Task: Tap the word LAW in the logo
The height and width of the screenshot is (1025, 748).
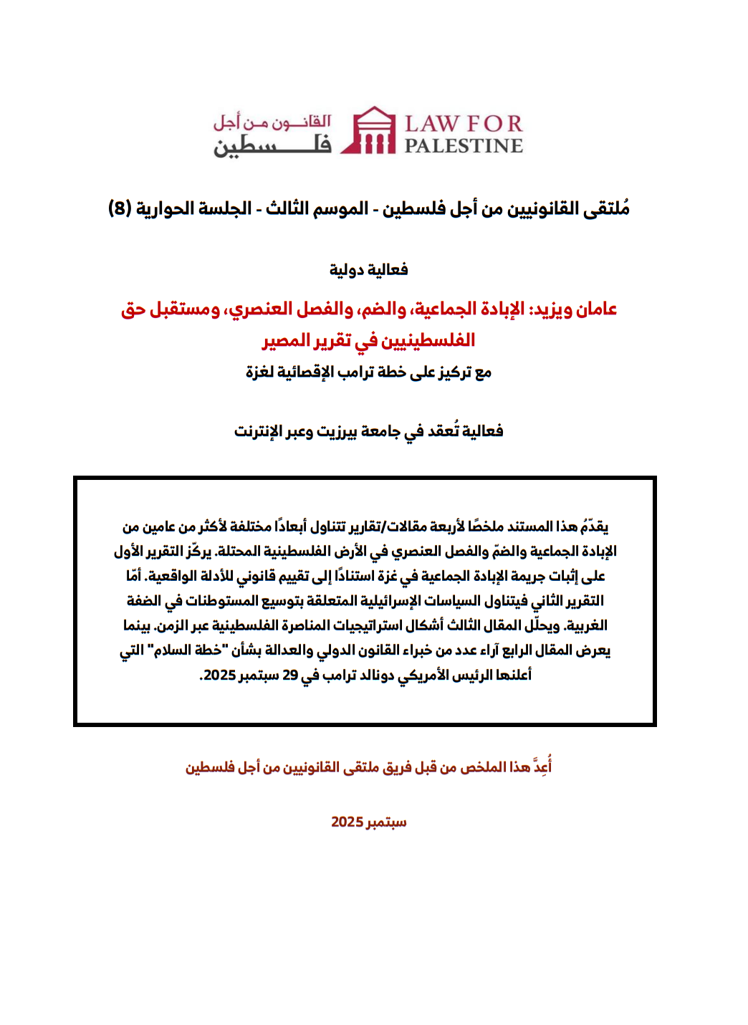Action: coord(431,124)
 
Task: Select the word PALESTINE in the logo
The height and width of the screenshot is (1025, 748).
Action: coord(464,145)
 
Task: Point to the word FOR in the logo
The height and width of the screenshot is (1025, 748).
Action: coord(494,124)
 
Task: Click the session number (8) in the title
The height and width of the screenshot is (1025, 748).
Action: coord(119,208)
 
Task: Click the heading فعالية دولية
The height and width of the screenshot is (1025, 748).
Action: coord(368,269)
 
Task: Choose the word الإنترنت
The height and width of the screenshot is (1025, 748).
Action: coord(259,431)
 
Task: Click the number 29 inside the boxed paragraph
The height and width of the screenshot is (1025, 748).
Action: coord(289,675)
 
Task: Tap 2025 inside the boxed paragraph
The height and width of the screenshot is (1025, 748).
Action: coord(219,675)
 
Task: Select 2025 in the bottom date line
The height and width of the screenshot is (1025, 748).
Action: coord(347,822)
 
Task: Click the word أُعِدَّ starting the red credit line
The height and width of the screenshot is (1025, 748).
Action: coord(541,767)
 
